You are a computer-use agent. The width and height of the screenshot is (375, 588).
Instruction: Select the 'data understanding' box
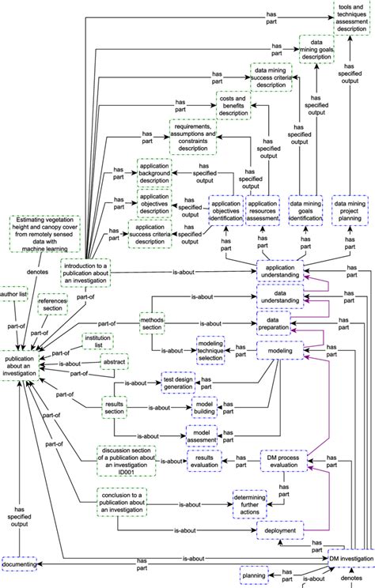coord(279,297)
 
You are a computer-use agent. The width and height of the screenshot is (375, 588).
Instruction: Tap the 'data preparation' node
coord(279,323)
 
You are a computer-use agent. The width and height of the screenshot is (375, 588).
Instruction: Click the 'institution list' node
coord(97,341)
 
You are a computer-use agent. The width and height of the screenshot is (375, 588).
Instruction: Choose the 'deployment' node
coord(280,531)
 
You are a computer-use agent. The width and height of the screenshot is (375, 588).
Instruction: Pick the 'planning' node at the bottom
coord(254,577)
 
